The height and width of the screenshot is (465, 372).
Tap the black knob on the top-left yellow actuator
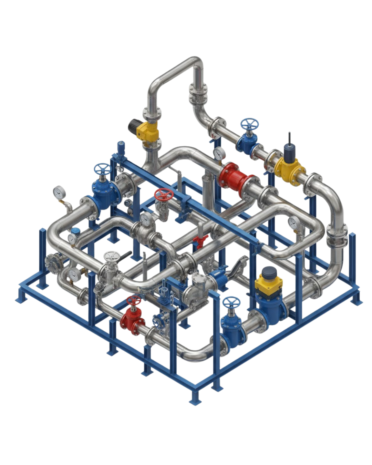click(x=133, y=125)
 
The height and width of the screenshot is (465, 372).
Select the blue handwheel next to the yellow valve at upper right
click(x=249, y=124)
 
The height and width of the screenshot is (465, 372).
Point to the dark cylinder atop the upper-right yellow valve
click(x=288, y=151)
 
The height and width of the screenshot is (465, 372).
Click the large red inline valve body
click(x=234, y=177)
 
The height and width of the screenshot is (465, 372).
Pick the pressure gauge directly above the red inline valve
click(x=219, y=153)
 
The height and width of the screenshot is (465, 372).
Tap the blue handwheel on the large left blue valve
click(x=102, y=169)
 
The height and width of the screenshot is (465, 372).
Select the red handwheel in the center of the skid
click(x=162, y=195)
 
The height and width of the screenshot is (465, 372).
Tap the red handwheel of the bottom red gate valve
click(x=134, y=301)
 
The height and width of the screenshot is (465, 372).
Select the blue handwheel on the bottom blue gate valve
click(x=230, y=303)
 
